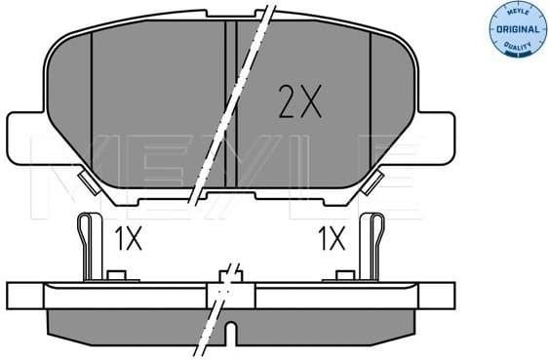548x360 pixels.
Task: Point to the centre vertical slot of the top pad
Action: [230, 102]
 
